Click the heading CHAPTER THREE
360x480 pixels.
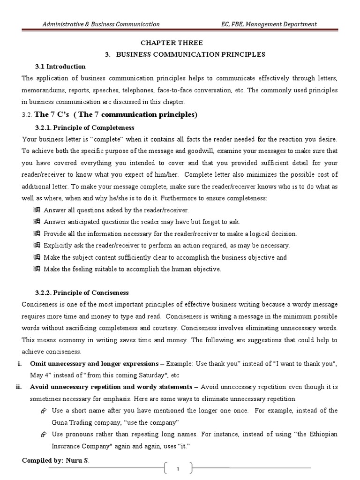point(180,43)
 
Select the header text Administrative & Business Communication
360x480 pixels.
point(101,24)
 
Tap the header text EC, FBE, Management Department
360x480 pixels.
point(269,24)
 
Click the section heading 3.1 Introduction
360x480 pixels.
point(60,67)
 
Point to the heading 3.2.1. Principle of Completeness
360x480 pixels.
point(85,127)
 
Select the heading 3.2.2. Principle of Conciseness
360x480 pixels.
point(82,293)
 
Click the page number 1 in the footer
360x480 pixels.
point(179,468)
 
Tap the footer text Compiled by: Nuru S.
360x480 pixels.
point(55,461)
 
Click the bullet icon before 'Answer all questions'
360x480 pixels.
point(37,210)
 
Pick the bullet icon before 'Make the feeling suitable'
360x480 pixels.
point(37,269)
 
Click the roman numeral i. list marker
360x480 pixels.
point(24,364)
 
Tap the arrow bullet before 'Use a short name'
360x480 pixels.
point(43,411)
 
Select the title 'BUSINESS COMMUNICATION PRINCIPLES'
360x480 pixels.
point(191,54)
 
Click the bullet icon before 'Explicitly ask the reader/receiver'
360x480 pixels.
point(37,245)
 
